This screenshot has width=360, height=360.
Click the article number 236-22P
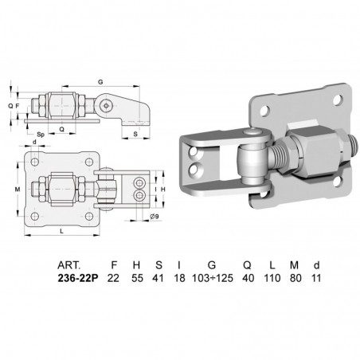point(78,278)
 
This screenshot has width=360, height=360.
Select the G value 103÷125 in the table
point(213,278)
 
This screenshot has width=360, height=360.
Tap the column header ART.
point(68,265)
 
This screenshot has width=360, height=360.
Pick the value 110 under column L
point(272,278)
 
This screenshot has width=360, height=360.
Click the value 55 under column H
point(137,278)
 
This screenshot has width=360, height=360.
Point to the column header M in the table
point(294,265)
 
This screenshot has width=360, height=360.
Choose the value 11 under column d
point(316,278)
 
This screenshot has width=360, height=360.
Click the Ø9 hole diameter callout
point(155,217)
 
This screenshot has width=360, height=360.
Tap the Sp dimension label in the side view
point(41,135)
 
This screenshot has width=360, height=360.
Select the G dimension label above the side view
point(100,82)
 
